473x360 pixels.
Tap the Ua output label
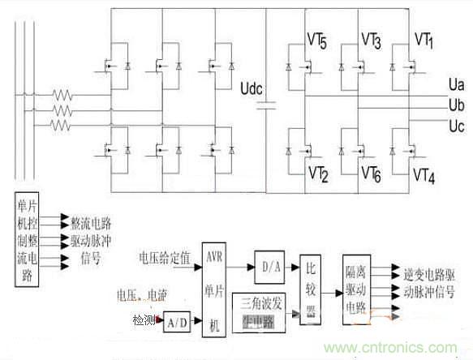(x=456, y=84)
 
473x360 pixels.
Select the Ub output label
(x=456, y=105)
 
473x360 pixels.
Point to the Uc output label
(x=456, y=126)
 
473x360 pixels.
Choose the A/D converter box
(x=178, y=322)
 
